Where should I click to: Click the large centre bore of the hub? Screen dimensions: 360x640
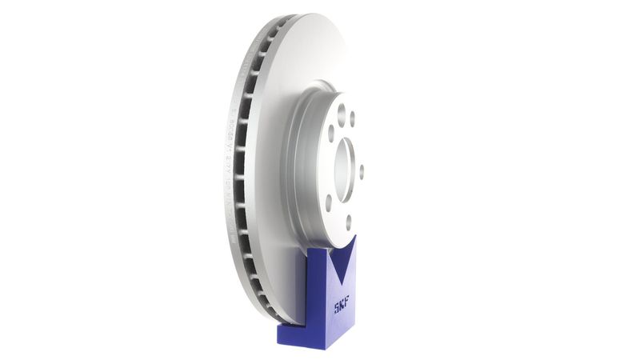click(346, 170)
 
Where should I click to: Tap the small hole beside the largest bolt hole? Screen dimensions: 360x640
click(352, 118)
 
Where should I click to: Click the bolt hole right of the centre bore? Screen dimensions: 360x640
click(362, 170)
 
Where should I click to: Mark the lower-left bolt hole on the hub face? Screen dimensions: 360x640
click(330, 202)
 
